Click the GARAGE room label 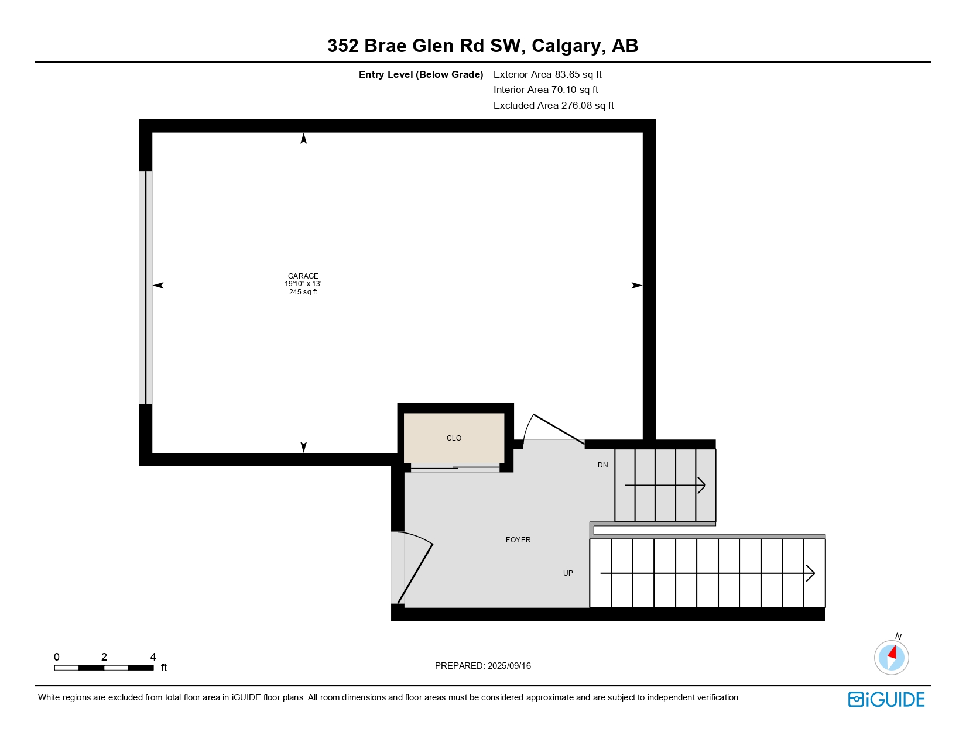click(303, 276)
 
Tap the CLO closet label click(454, 438)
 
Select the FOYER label click(518, 540)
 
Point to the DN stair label click(602, 465)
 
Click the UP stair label click(568, 573)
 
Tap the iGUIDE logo click(886, 699)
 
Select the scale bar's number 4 click(153, 657)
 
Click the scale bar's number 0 click(57, 657)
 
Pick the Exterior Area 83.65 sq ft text click(547, 74)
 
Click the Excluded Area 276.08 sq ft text click(553, 105)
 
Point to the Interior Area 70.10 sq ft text click(546, 90)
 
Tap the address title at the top click(482, 46)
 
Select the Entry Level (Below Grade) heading click(421, 74)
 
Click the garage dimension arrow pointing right click(637, 286)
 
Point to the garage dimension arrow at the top click(303, 139)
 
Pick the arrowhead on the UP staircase click(811, 573)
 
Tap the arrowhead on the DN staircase click(702, 486)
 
